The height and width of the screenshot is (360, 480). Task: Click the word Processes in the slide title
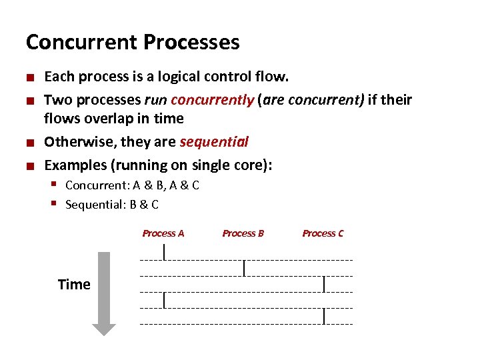(192, 43)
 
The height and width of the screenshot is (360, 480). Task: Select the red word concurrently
(213, 100)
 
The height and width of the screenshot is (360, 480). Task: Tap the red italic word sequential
(213, 142)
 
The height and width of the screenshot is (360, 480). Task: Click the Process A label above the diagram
(163, 233)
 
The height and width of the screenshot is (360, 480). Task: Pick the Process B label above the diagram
(243, 233)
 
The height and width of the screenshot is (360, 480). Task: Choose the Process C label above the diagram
(323, 233)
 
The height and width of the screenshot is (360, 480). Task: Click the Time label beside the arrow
(74, 285)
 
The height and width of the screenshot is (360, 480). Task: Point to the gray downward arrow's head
(104, 329)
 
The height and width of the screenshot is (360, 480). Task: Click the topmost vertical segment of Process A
(165, 251)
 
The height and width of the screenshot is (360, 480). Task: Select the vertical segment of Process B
(245, 267)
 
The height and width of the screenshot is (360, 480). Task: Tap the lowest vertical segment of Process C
(324, 316)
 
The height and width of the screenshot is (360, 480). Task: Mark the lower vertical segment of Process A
(165, 300)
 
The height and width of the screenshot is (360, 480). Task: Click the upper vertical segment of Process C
(324, 284)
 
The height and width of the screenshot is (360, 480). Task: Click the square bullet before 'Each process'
(31, 77)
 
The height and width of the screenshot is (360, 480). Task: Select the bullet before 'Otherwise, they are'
(31, 143)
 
